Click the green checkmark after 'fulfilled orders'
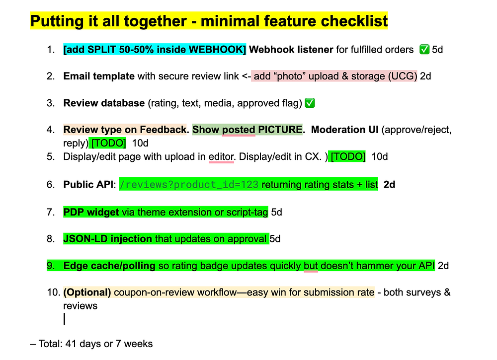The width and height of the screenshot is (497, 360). [424, 49]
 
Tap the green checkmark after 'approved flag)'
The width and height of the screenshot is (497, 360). [310, 103]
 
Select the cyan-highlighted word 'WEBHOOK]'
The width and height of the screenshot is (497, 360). [217, 49]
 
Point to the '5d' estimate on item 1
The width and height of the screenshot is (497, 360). [437, 49]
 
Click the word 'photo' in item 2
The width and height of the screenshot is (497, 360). [289, 76]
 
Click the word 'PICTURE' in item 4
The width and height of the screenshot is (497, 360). [280, 130]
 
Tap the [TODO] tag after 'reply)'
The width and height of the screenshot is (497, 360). [108, 143]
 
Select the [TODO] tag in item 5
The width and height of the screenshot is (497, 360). [348, 156]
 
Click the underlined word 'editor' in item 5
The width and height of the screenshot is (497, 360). [221, 157]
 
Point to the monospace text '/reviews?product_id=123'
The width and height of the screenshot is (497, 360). [189, 185]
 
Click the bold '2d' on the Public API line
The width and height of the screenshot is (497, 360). [389, 185]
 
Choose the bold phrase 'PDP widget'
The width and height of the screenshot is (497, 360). [91, 212]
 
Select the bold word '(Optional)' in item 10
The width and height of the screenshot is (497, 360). [87, 292]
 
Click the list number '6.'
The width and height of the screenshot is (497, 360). [51, 185]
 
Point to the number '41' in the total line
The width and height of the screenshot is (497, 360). [71, 344]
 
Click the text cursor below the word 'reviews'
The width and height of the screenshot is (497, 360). [64, 319]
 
